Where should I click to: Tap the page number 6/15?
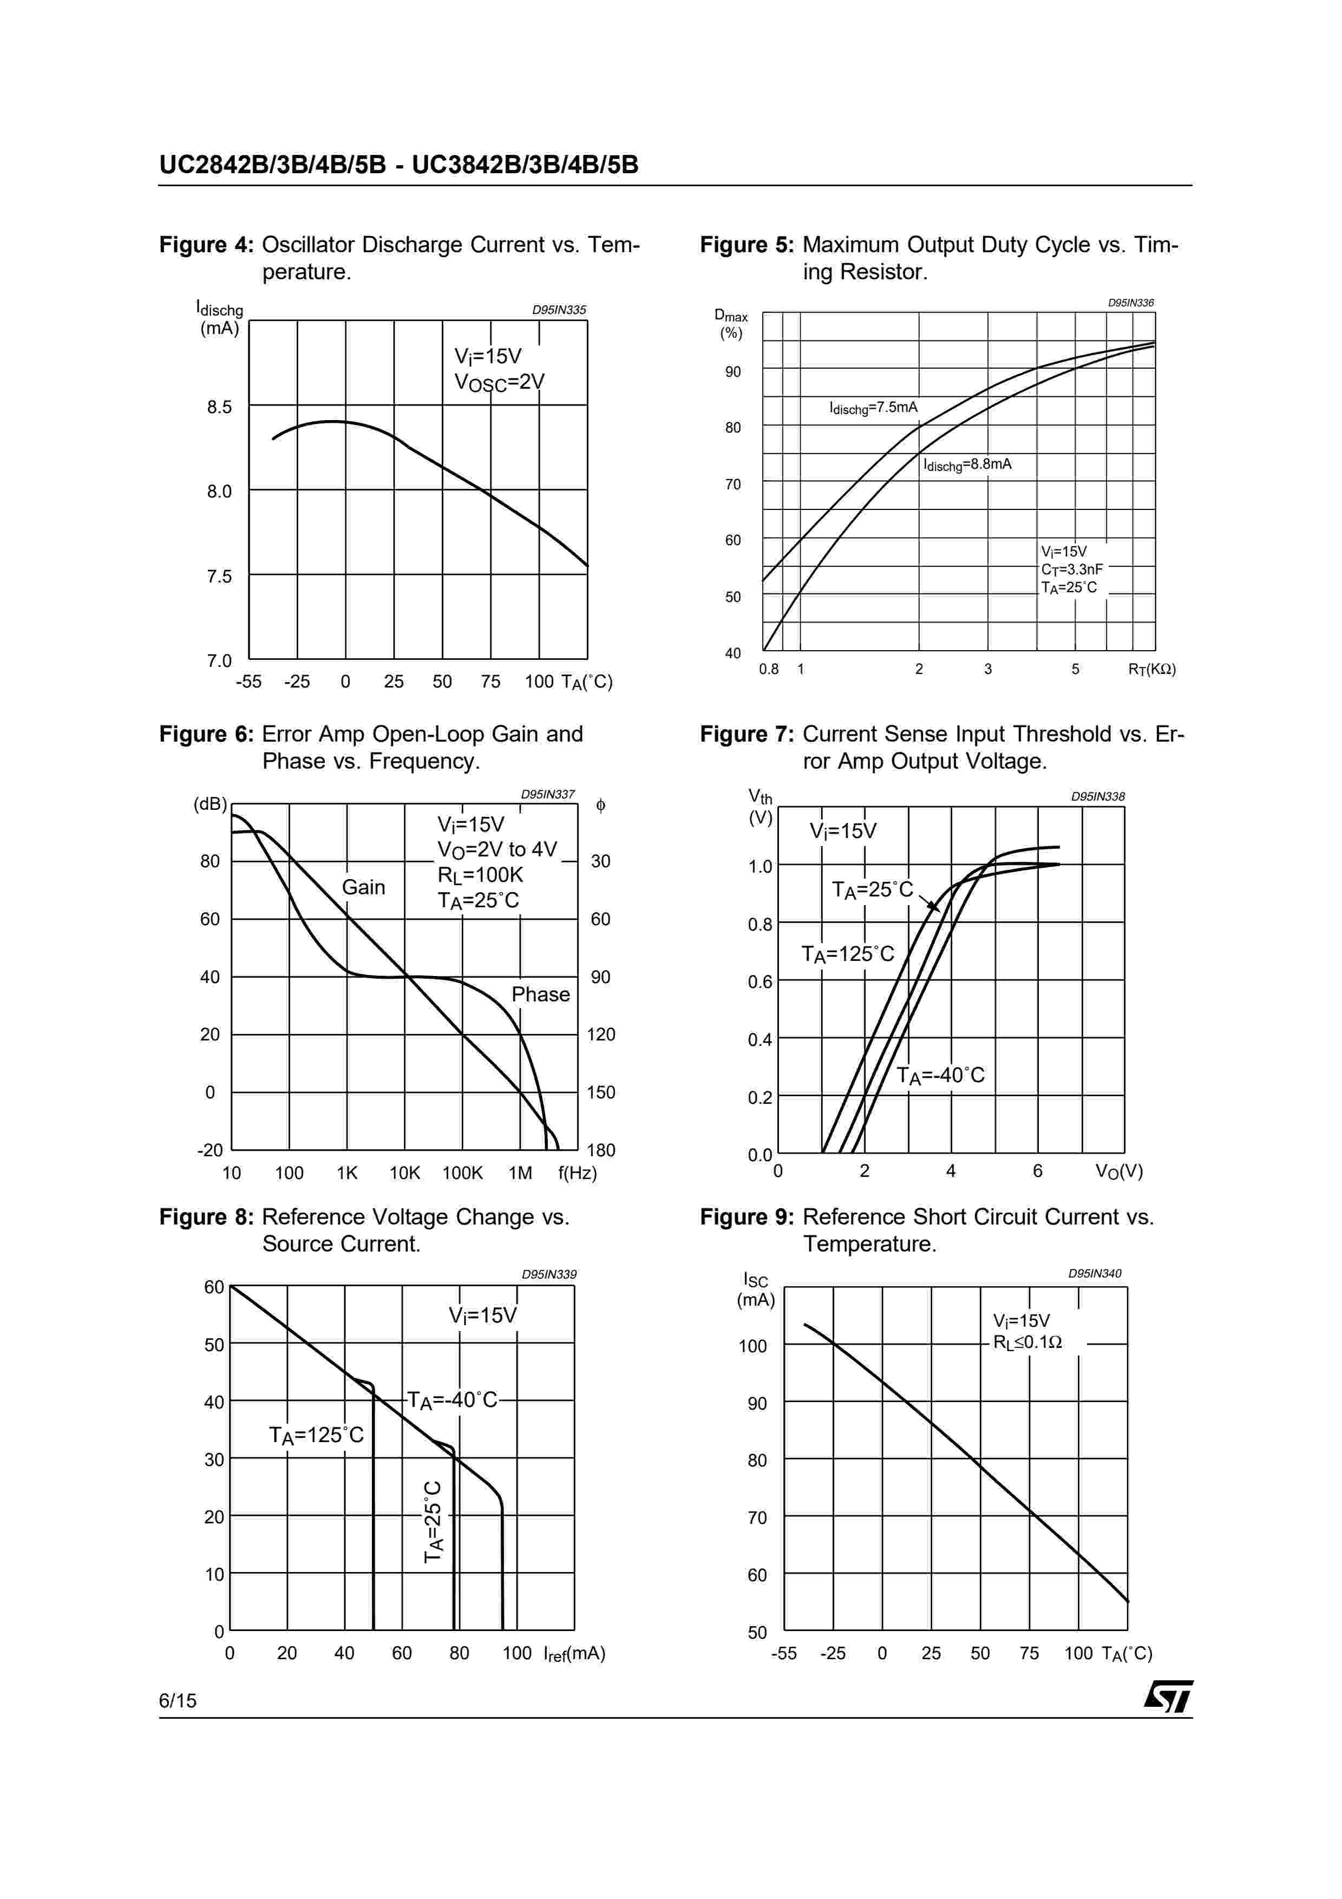point(178,1700)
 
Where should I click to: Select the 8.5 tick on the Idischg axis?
point(219,407)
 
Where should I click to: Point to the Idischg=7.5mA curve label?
point(873,408)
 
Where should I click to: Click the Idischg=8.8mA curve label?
point(967,465)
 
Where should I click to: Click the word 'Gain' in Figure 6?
point(363,887)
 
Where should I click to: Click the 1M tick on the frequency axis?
point(520,1173)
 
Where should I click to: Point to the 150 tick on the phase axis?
point(600,1092)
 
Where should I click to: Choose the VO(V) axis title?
point(1119,1171)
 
